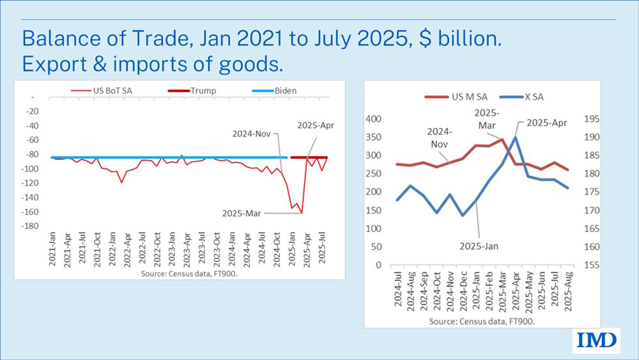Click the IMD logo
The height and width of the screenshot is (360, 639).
click(599, 340)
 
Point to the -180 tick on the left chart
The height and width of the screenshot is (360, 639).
click(29, 226)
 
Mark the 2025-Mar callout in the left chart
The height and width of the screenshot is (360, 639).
click(242, 213)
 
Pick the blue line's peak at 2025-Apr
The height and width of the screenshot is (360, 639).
click(515, 137)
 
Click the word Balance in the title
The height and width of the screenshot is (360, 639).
click(54, 41)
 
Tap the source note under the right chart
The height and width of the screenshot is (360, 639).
click(482, 321)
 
